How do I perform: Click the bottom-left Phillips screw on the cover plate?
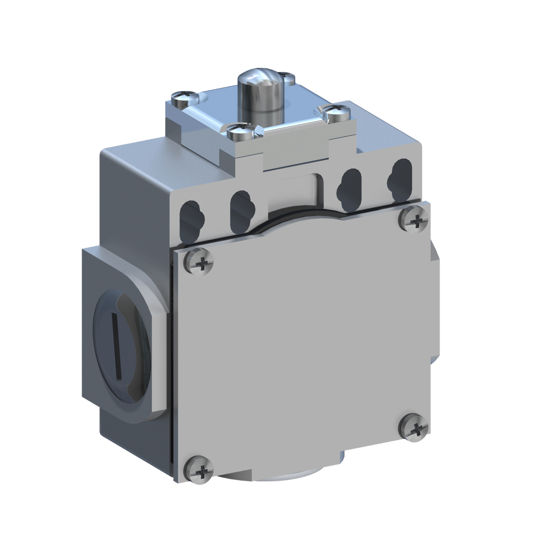(x=199, y=471)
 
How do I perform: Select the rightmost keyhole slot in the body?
(x=398, y=181)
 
